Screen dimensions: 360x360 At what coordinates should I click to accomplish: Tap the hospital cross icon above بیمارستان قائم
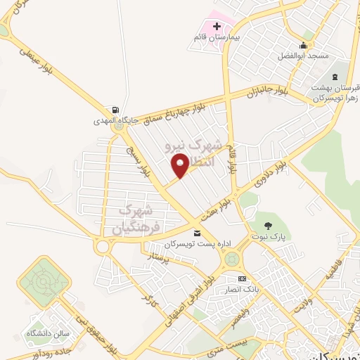pyautogui.click(x=217, y=26)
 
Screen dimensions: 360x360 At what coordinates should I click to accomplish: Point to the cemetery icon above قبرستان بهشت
pyautogui.click(x=335, y=75)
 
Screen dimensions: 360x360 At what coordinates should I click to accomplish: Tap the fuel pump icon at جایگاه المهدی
pyautogui.click(x=114, y=110)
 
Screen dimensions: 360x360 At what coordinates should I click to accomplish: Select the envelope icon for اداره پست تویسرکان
pyautogui.click(x=197, y=233)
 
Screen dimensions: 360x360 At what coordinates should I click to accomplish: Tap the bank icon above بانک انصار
pyautogui.click(x=243, y=278)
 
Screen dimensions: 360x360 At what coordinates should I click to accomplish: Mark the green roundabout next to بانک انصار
pyautogui.click(x=231, y=260)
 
